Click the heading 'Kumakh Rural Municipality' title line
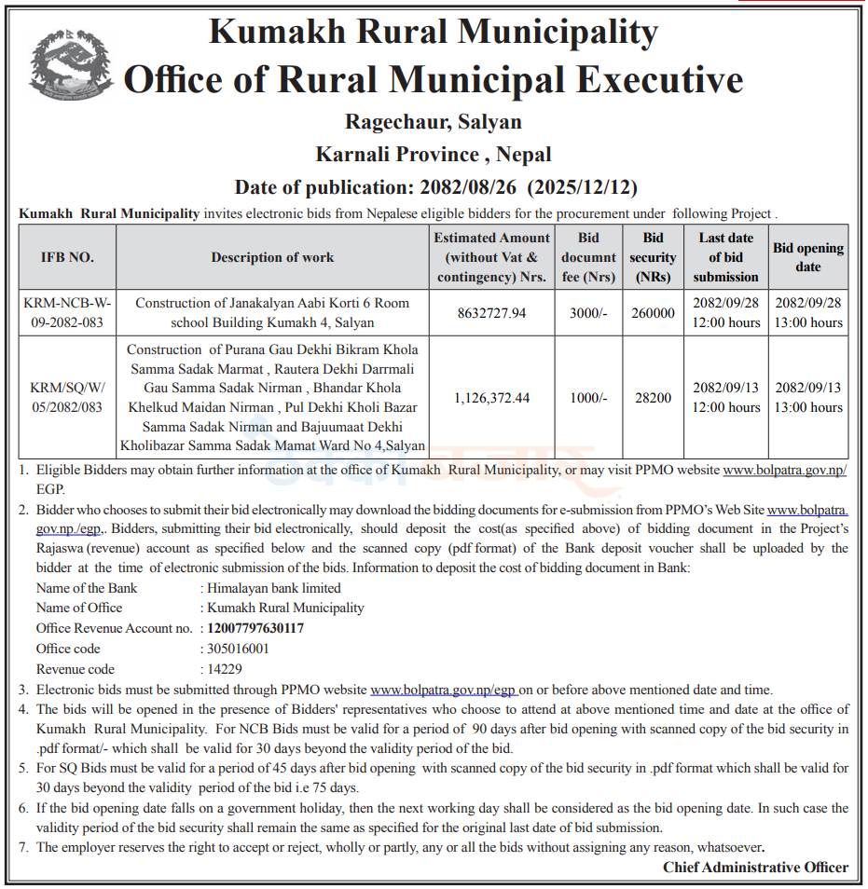(434, 34)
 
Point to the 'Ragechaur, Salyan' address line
(434, 122)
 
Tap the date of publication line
(435, 186)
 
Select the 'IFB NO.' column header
(67, 257)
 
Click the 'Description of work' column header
(272, 257)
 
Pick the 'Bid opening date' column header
(807, 257)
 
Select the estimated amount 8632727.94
(491, 313)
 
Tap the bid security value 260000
(653, 313)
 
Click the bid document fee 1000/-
(588, 398)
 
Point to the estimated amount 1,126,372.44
(491, 398)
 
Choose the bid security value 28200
(653, 398)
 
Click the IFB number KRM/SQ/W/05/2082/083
(67, 398)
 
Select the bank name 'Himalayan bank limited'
(274, 588)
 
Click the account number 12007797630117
(255, 628)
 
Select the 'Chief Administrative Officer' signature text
(755, 868)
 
